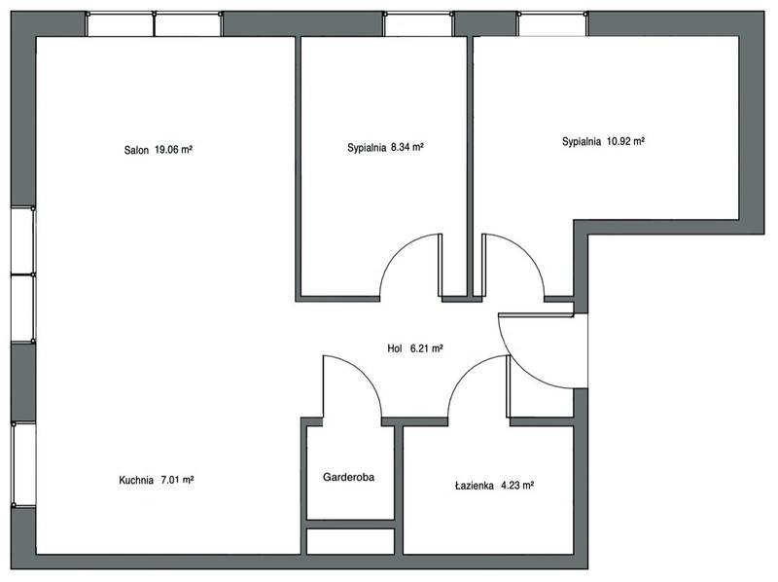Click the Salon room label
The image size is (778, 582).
pos(136,150)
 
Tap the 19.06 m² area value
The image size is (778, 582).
pos(173,149)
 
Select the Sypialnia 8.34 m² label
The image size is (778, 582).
pos(385,148)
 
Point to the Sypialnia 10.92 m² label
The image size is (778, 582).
pos(603,141)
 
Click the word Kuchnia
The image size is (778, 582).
pos(136,480)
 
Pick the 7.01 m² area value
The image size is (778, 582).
pos(177,480)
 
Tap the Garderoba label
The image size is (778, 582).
pos(348,477)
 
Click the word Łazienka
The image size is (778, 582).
pos(474,486)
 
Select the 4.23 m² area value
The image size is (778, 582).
pos(517,485)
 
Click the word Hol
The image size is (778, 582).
pos(395,348)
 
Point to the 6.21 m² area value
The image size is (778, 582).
pos(426,348)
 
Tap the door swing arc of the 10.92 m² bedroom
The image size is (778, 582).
pos(527,252)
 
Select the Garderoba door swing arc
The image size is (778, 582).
pos(366,374)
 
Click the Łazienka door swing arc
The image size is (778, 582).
pos(466,374)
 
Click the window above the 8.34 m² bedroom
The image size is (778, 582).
pos(418,24)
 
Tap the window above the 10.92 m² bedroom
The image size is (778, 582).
pos(552,24)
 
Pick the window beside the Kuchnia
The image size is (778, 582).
pos(23,464)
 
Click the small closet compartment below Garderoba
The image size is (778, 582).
pos(350,541)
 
